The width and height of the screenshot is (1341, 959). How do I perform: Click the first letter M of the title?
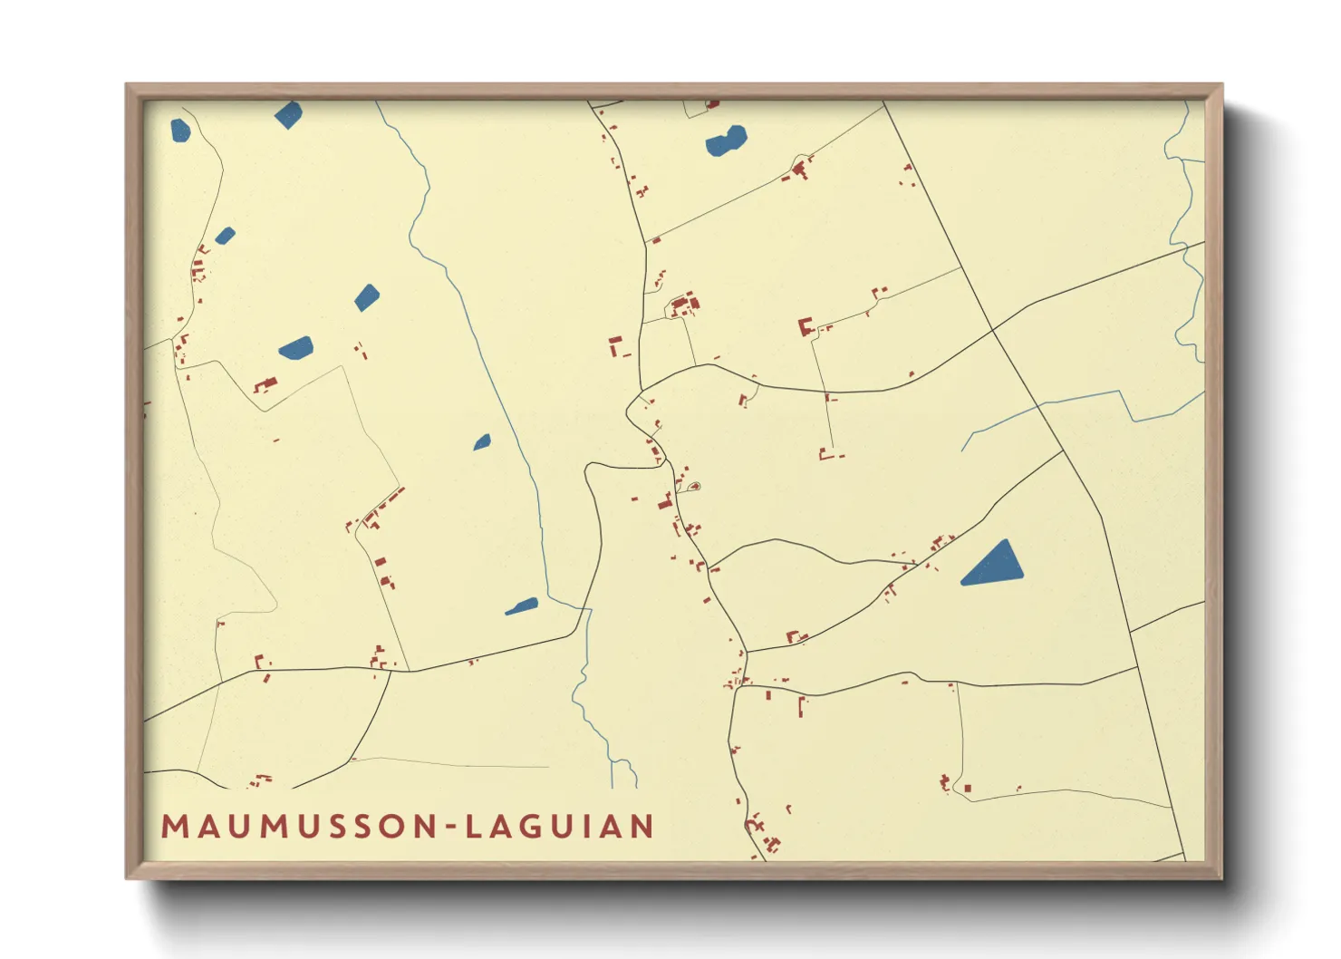175,827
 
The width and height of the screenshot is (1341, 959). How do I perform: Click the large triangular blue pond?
994,566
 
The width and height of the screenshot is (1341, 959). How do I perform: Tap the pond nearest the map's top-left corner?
180,131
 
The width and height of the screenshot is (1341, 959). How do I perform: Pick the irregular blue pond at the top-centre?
727,141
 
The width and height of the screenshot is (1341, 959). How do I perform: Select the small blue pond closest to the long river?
482,442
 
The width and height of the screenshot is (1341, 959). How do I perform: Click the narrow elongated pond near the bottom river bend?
522,606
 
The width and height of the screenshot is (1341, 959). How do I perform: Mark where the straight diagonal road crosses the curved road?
993,329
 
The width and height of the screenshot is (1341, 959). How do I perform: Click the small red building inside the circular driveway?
695,487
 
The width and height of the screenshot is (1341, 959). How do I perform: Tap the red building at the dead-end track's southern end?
825,453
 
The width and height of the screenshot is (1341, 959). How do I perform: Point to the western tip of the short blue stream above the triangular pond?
962,450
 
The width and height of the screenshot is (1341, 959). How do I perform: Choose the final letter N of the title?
643,827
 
